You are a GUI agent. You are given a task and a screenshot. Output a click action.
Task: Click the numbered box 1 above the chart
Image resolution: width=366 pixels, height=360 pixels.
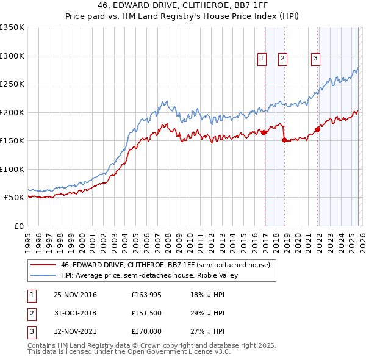[262, 59]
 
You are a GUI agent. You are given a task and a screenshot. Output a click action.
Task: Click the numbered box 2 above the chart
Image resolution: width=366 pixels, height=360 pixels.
[283, 59]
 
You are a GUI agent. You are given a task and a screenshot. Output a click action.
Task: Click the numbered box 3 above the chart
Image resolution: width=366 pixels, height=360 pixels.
[315, 59]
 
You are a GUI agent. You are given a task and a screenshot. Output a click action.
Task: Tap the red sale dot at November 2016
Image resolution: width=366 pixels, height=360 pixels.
[264, 132]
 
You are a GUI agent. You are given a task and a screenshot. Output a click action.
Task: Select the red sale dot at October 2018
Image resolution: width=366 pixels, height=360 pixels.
[285, 140]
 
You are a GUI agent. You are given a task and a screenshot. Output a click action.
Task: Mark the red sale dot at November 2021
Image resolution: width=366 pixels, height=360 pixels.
[318, 129]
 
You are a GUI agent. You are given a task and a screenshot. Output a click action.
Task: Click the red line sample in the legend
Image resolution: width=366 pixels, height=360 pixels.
[43, 265]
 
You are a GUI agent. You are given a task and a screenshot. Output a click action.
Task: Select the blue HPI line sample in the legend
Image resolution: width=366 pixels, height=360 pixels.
[43, 275]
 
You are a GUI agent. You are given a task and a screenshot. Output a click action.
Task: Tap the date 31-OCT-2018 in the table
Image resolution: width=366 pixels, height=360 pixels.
[75, 313]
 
